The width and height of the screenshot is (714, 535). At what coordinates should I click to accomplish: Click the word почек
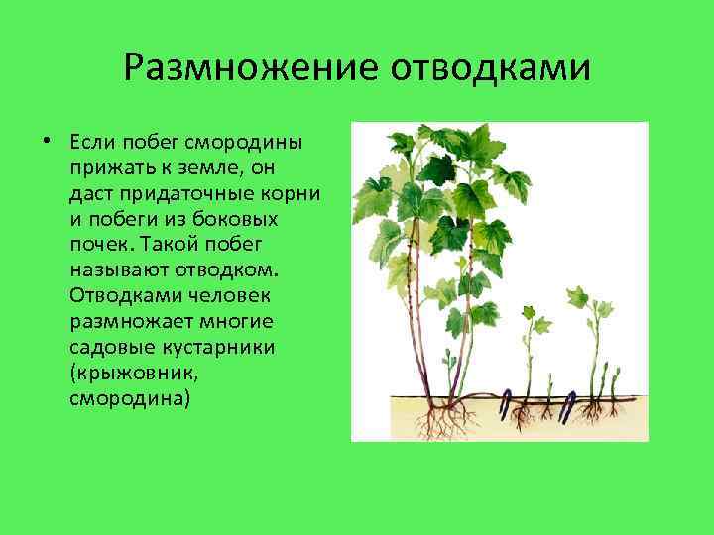click(x=101, y=244)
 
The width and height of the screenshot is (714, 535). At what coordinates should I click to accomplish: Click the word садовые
click(x=108, y=348)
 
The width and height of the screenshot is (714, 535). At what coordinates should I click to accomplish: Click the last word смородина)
click(x=129, y=399)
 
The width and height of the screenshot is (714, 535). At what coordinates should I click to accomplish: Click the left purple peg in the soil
click(x=505, y=404)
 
